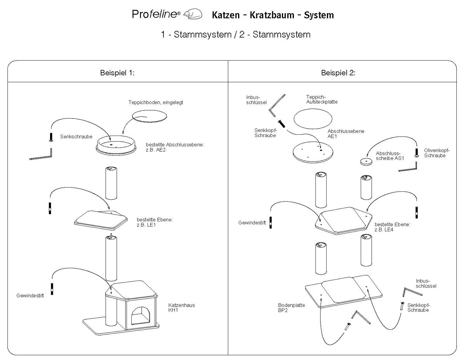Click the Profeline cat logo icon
193,14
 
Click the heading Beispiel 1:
117,73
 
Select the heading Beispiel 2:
338,73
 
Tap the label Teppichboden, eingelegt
156,103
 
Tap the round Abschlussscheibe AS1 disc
365,161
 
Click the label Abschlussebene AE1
346,134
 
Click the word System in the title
319,15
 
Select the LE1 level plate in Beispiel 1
101,219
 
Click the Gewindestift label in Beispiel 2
252,223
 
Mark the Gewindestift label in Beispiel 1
30,296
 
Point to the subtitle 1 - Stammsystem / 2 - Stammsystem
236,34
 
